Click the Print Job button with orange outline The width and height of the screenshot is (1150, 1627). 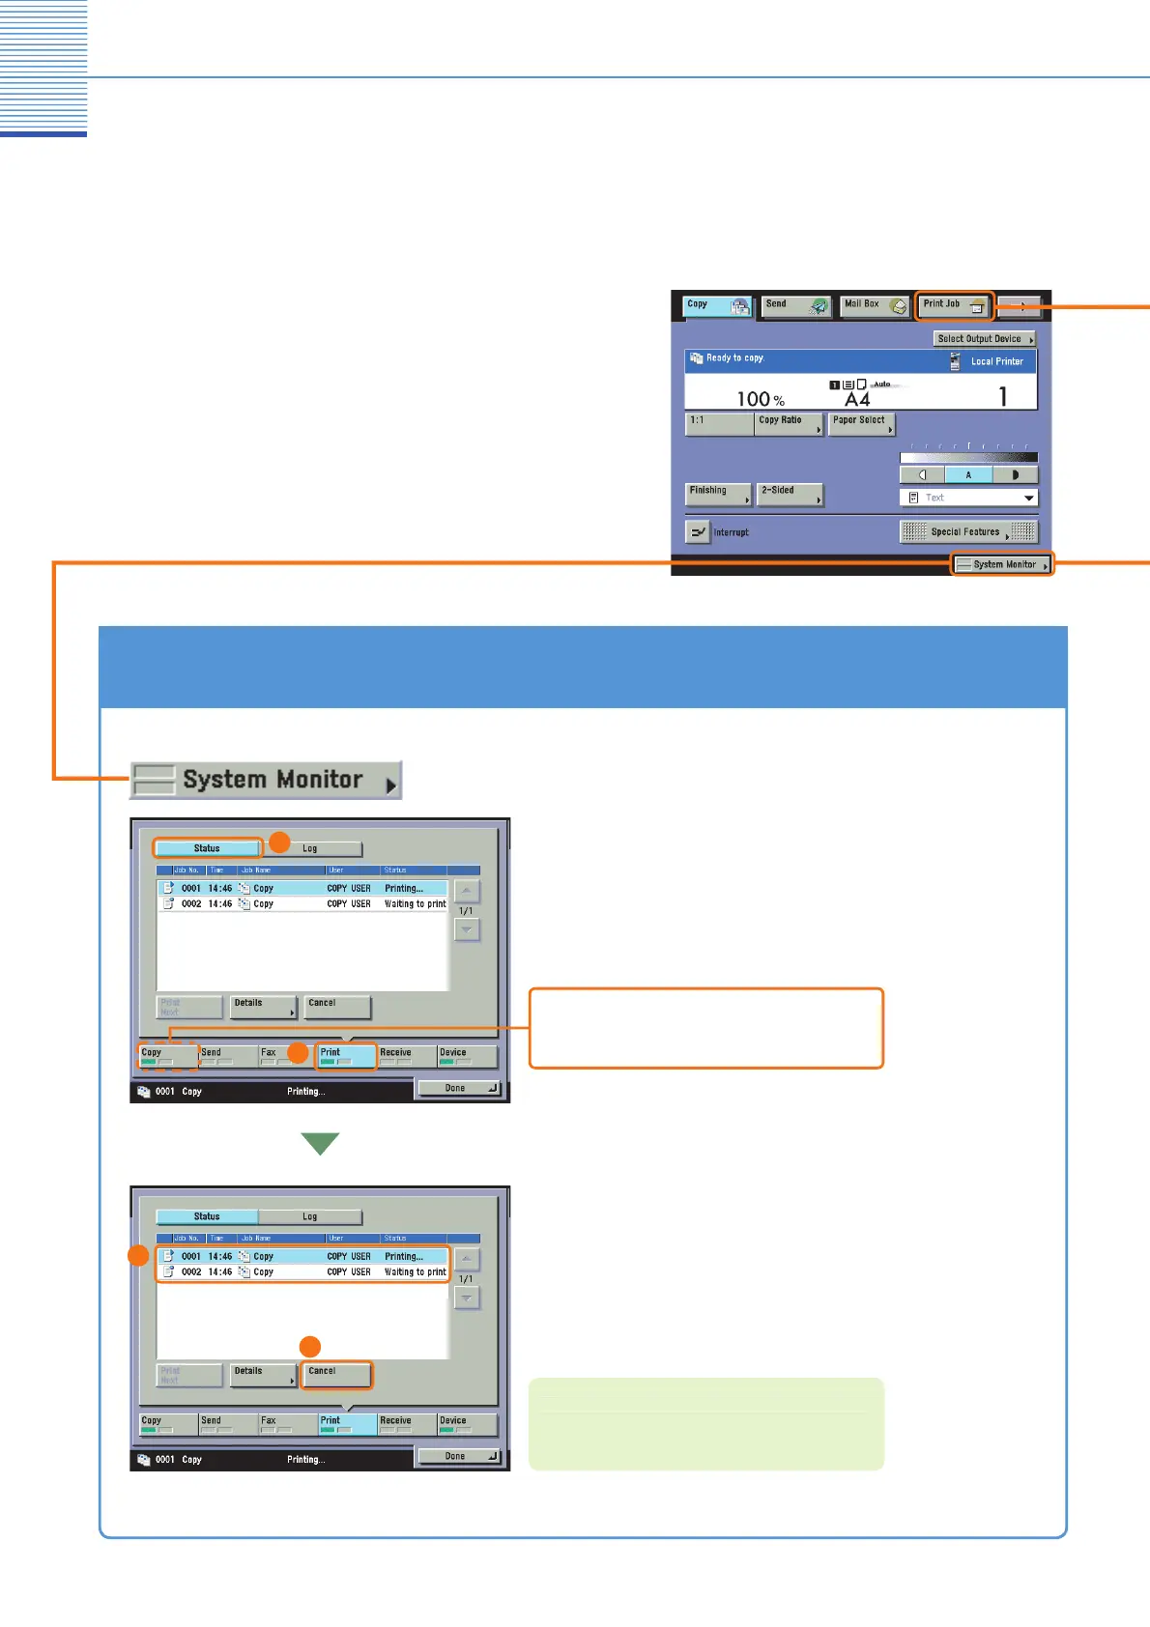954,306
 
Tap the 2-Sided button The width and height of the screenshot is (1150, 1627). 789,494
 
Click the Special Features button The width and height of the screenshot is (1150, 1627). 968,532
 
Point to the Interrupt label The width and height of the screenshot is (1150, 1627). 731,532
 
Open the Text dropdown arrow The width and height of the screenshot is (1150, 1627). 1028,498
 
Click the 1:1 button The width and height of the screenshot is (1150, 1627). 719,423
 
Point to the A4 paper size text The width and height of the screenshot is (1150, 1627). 857,400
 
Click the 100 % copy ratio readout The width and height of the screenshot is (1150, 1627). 761,399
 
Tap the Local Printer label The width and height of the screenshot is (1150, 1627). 996,361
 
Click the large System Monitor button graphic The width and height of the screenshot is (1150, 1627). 266,780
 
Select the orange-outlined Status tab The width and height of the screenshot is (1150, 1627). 208,848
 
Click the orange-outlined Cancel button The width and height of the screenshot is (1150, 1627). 335,1374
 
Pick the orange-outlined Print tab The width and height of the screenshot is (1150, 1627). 346,1056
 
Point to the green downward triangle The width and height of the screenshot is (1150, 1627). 320,1143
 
